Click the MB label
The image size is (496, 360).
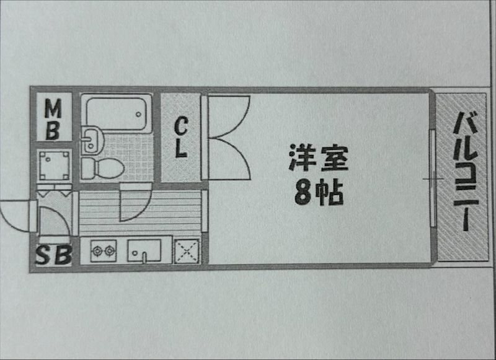pyautogui.click(x=53, y=120)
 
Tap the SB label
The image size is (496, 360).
pyautogui.click(x=53, y=255)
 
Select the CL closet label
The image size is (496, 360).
pyautogui.click(x=181, y=138)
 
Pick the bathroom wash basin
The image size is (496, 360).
pyautogui.click(x=91, y=138)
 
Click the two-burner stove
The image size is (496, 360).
pyautogui.click(x=104, y=251)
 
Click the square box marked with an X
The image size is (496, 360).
pyautogui.click(x=186, y=251)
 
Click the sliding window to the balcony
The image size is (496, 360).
pyautogui.click(x=432, y=178)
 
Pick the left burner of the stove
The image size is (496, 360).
pyautogui.click(x=97, y=251)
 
